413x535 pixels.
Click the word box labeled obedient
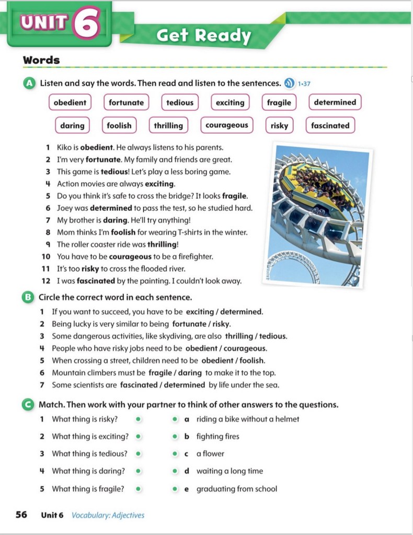click(x=70, y=103)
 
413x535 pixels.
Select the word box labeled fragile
click(x=279, y=103)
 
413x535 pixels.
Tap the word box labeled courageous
click(x=226, y=126)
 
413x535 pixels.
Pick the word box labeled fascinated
click(x=330, y=126)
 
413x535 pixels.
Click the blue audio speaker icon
click(x=289, y=83)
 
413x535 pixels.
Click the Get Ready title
click(x=204, y=36)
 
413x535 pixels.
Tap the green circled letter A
click(x=29, y=83)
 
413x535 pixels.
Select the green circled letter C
click(x=29, y=404)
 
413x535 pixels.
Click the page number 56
click(x=21, y=515)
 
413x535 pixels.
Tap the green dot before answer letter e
click(x=176, y=489)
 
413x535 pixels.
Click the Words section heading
click(x=41, y=60)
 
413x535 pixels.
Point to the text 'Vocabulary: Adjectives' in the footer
click(x=108, y=515)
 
